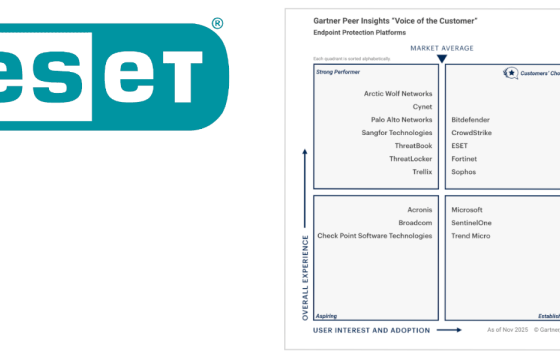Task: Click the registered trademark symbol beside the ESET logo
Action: pos(218,22)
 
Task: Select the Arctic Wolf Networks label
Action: pos(398,94)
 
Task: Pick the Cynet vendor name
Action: pos(422,107)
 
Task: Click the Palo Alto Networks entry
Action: pos(401,120)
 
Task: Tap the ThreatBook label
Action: pos(413,146)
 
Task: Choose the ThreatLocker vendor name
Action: pos(410,159)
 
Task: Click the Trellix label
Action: pos(422,172)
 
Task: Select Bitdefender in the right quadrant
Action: pos(470,120)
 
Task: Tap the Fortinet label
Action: pos(466,159)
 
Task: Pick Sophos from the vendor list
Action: pos(464,172)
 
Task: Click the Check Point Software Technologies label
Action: pos(374,236)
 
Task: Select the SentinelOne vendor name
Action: pos(471,223)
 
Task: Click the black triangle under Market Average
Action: pos(441,59)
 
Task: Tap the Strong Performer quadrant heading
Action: pos(338,72)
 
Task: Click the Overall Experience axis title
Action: pos(305,279)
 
